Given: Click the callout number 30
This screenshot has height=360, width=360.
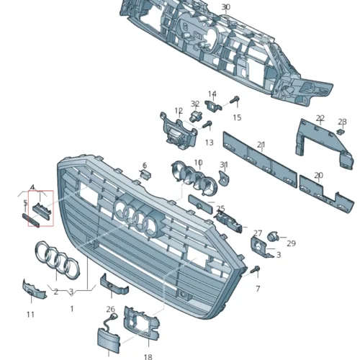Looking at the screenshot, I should pos(226,7).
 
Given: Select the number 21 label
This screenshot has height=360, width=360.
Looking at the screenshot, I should pos(261,145).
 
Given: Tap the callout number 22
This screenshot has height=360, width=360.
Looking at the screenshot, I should pos(320,118).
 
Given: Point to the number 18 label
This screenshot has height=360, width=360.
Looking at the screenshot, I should pos(148,356).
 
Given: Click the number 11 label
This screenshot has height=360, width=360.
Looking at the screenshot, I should pos(30,315).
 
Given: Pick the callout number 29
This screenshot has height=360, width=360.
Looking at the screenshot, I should pos(291,243).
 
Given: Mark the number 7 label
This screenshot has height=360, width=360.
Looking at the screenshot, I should pos(258,288).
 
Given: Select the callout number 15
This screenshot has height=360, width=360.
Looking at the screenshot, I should pos(237,117).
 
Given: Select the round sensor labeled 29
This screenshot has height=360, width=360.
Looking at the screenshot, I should pos(273,235).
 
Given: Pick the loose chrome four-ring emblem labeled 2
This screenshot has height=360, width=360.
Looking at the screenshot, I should pos(55,258).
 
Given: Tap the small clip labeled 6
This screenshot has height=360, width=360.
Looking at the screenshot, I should pos(144,174).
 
